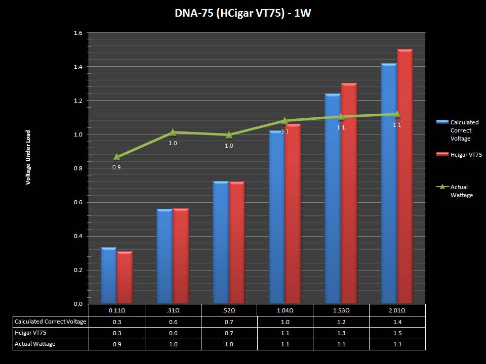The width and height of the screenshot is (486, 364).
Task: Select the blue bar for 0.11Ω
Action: [109, 276]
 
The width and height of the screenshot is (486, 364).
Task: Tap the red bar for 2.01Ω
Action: [405, 177]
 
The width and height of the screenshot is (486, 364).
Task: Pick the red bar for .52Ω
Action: [237, 243]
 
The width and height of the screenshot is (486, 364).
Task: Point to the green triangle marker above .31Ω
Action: [173, 132]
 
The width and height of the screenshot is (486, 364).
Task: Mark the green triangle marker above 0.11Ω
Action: [117, 157]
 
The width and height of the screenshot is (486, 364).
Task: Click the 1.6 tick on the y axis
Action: [78, 33]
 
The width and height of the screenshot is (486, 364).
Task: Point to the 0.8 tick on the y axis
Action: [78, 168]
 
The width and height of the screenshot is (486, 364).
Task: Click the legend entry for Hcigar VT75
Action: [459, 155]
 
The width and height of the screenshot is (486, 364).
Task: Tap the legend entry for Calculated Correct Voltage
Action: [459, 130]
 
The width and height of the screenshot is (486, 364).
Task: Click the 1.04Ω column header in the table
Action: [285, 310]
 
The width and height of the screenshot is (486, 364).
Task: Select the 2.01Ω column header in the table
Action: [397, 310]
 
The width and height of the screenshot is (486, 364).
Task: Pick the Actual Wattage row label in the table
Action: [35, 344]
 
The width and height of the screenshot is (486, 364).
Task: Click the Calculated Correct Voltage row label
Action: [51, 322]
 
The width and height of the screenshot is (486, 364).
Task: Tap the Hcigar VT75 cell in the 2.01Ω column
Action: [397, 333]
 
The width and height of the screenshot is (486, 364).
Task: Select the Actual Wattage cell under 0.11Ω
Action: [117, 344]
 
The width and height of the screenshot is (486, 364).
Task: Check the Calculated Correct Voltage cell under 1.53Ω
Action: [341, 322]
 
